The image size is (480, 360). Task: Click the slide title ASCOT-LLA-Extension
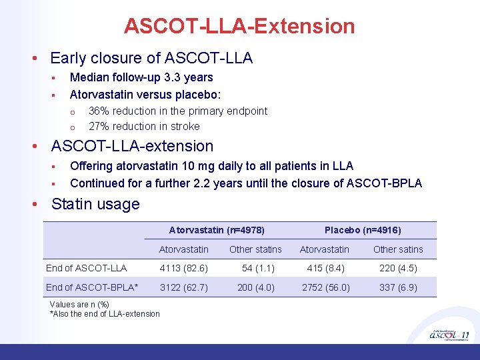(239, 27)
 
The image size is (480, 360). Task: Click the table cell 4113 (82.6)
(183, 268)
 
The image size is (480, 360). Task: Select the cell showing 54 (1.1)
(255, 268)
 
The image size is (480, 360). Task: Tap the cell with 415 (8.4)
(325, 268)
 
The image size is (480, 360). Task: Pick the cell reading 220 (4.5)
(398, 268)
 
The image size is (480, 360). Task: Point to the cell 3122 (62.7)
(183, 287)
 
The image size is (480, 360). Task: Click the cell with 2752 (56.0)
(325, 287)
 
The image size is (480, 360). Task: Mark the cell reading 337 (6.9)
(398, 287)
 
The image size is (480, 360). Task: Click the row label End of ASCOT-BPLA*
(92, 287)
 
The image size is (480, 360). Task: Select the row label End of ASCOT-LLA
(86, 268)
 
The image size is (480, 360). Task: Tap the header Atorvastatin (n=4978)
(217, 230)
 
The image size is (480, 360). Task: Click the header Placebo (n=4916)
(363, 230)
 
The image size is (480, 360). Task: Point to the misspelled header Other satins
(398, 249)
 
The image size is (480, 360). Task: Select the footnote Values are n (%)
(79, 305)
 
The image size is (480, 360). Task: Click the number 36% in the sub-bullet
(99, 111)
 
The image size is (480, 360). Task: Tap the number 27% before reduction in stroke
(99, 126)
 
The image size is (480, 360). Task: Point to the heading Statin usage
(95, 204)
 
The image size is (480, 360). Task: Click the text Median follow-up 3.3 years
(141, 77)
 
